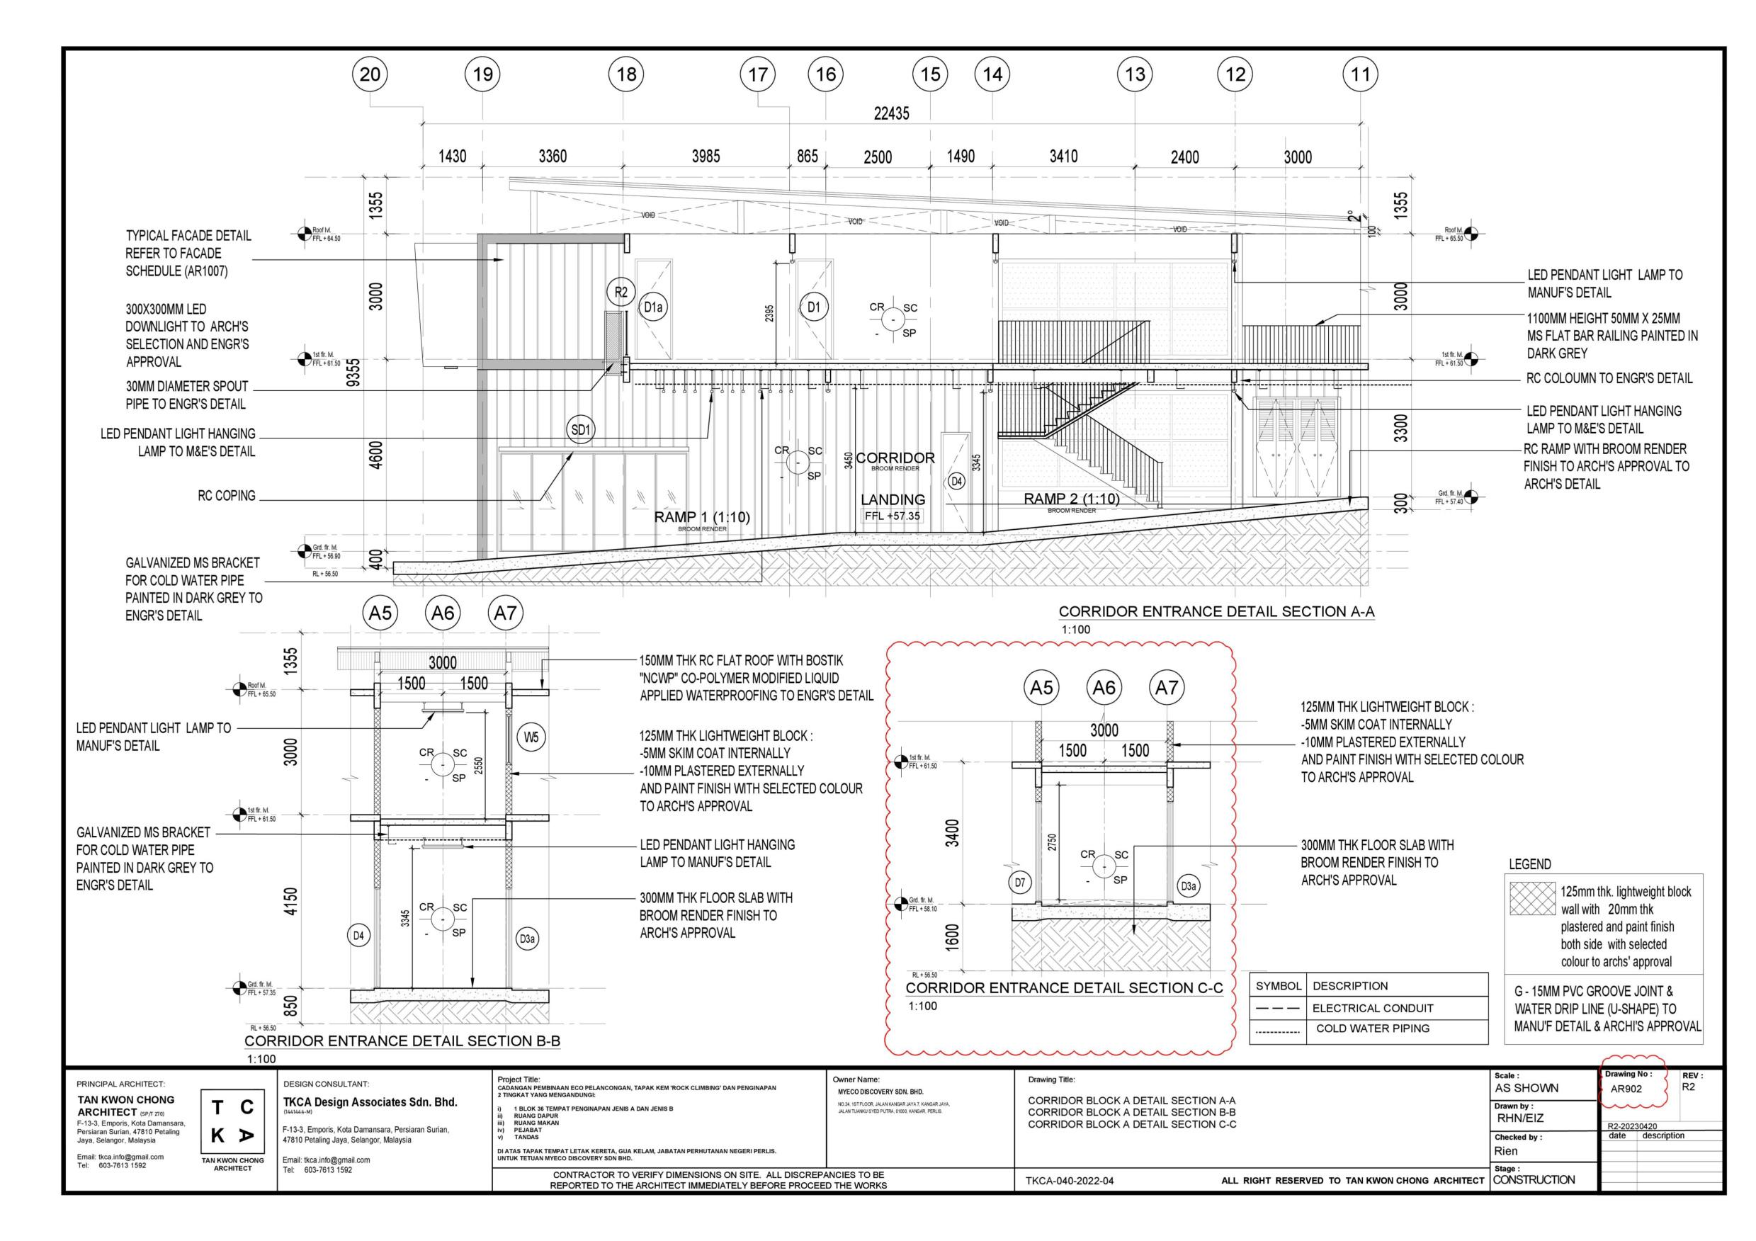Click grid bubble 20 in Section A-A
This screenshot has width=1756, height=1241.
(x=369, y=74)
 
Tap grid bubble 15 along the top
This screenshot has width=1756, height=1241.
(x=930, y=74)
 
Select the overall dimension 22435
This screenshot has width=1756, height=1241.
(x=892, y=113)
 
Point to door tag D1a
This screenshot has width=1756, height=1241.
(x=652, y=307)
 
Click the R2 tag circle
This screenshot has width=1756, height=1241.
(x=621, y=291)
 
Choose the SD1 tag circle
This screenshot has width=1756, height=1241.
(x=582, y=430)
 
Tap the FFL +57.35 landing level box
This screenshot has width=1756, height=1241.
(x=893, y=516)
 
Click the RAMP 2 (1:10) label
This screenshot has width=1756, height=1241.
(x=1072, y=499)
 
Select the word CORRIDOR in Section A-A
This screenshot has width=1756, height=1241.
(x=895, y=458)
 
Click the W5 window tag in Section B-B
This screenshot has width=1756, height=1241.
(x=531, y=738)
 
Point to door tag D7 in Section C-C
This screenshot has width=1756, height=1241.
(x=1019, y=883)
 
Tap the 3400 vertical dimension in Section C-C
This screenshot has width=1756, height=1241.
(x=952, y=833)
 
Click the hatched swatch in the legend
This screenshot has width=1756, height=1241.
(x=1533, y=898)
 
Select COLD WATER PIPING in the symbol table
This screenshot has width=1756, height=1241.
(x=1372, y=1028)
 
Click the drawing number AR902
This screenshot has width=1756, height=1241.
(x=1626, y=1089)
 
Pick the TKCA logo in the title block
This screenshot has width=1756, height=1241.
(x=232, y=1123)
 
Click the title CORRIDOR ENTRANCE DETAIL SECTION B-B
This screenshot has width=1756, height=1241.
(x=402, y=1041)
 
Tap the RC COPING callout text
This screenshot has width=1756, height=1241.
(x=227, y=496)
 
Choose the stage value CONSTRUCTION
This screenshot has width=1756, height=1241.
(x=1534, y=1180)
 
